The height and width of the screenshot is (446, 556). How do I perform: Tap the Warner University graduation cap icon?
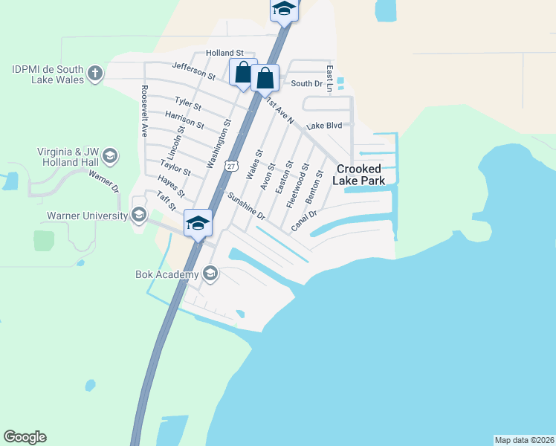point(138,216)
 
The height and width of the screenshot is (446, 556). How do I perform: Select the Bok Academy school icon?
point(210,275)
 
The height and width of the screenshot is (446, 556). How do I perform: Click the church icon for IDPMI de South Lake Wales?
point(94,73)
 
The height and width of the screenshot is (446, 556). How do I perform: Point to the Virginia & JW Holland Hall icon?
point(110,156)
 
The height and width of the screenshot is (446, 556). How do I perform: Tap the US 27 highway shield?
point(231,167)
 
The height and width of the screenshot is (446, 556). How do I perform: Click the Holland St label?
point(224,53)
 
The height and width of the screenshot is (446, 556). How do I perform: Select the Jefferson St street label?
point(193,71)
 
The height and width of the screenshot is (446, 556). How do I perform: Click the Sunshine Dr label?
point(247,206)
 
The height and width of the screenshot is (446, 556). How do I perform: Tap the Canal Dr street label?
point(304,220)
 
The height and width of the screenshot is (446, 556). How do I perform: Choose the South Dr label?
point(306,84)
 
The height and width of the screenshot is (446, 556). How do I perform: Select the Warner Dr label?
point(104,181)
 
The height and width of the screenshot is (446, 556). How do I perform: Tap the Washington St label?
point(220,143)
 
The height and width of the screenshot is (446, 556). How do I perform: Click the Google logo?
point(25,437)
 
